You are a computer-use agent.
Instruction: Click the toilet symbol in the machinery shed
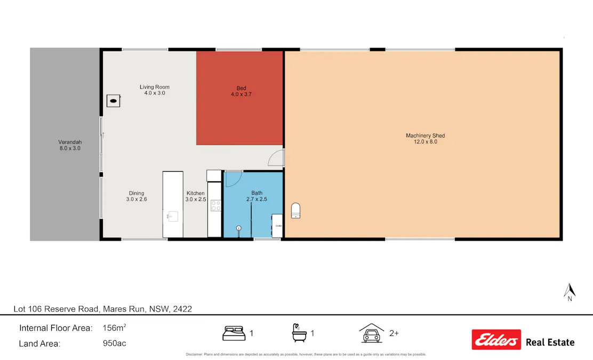(x=296, y=211)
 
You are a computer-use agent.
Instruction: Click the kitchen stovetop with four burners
(x=216, y=205)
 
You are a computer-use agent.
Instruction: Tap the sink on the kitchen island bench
(x=173, y=216)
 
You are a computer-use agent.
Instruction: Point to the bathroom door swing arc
(x=233, y=179)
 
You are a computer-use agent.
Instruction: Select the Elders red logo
(x=496, y=339)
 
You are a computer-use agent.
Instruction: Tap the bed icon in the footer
(x=233, y=334)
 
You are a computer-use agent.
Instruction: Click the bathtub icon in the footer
(x=299, y=333)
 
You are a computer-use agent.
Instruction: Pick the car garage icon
(x=372, y=333)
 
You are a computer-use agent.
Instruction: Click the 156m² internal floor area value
(x=114, y=328)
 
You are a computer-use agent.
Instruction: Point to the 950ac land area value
(x=114, y=343)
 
